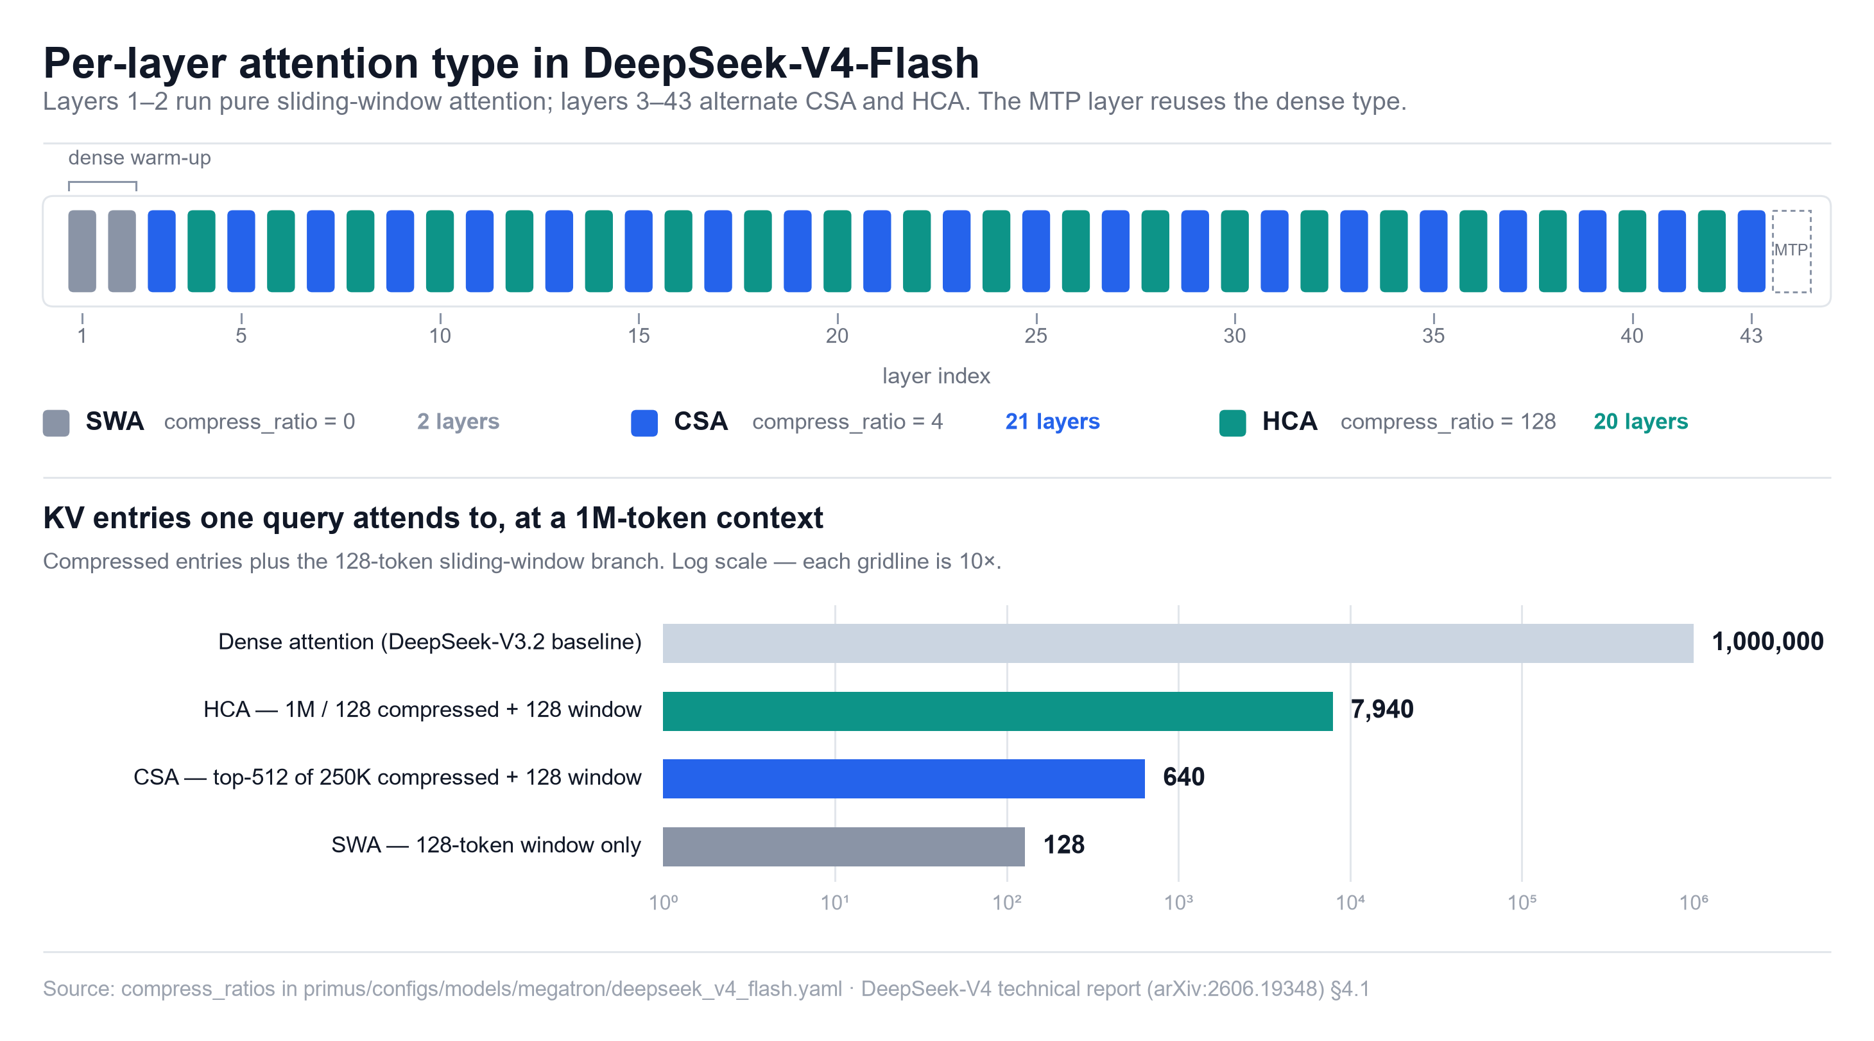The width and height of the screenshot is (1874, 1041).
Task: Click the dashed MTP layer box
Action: tap(1791, 251)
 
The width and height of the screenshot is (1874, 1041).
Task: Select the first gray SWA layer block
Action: tap(82, 251)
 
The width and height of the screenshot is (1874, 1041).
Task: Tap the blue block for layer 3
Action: tap(162, 251)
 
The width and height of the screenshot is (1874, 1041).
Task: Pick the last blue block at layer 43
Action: tap(1751, 251)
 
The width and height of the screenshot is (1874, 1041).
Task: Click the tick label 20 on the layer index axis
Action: tap(837, 336)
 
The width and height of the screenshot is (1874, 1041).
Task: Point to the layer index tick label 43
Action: tap(1751, 336)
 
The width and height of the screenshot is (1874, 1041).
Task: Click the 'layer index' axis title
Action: tap(936, 376)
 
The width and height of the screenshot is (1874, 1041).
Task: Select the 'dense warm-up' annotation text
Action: tap(140, 158)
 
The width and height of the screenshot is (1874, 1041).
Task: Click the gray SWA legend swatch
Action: tap(56, 423)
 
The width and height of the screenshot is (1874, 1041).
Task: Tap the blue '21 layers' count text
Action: tap(1052, 421)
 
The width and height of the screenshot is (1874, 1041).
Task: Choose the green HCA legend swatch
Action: tap(1232, 423)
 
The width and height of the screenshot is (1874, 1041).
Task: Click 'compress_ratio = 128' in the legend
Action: tap(1448, 422)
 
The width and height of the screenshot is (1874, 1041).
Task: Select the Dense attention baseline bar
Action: tap(1178, 643)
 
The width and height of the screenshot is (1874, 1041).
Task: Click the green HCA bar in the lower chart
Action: tap(997, 710)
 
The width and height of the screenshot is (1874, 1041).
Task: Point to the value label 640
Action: tap(1183, 777)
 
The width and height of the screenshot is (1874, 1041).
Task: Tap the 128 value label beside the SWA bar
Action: tap(1063, 845)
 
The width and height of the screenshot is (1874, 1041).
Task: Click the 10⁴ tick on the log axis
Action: tap(1350, 903)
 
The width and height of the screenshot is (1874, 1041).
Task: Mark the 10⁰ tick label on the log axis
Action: tap(664, 903)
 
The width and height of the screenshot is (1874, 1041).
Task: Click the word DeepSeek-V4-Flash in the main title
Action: tap(780, 64)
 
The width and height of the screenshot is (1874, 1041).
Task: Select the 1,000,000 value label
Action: tap(1768, 642)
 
